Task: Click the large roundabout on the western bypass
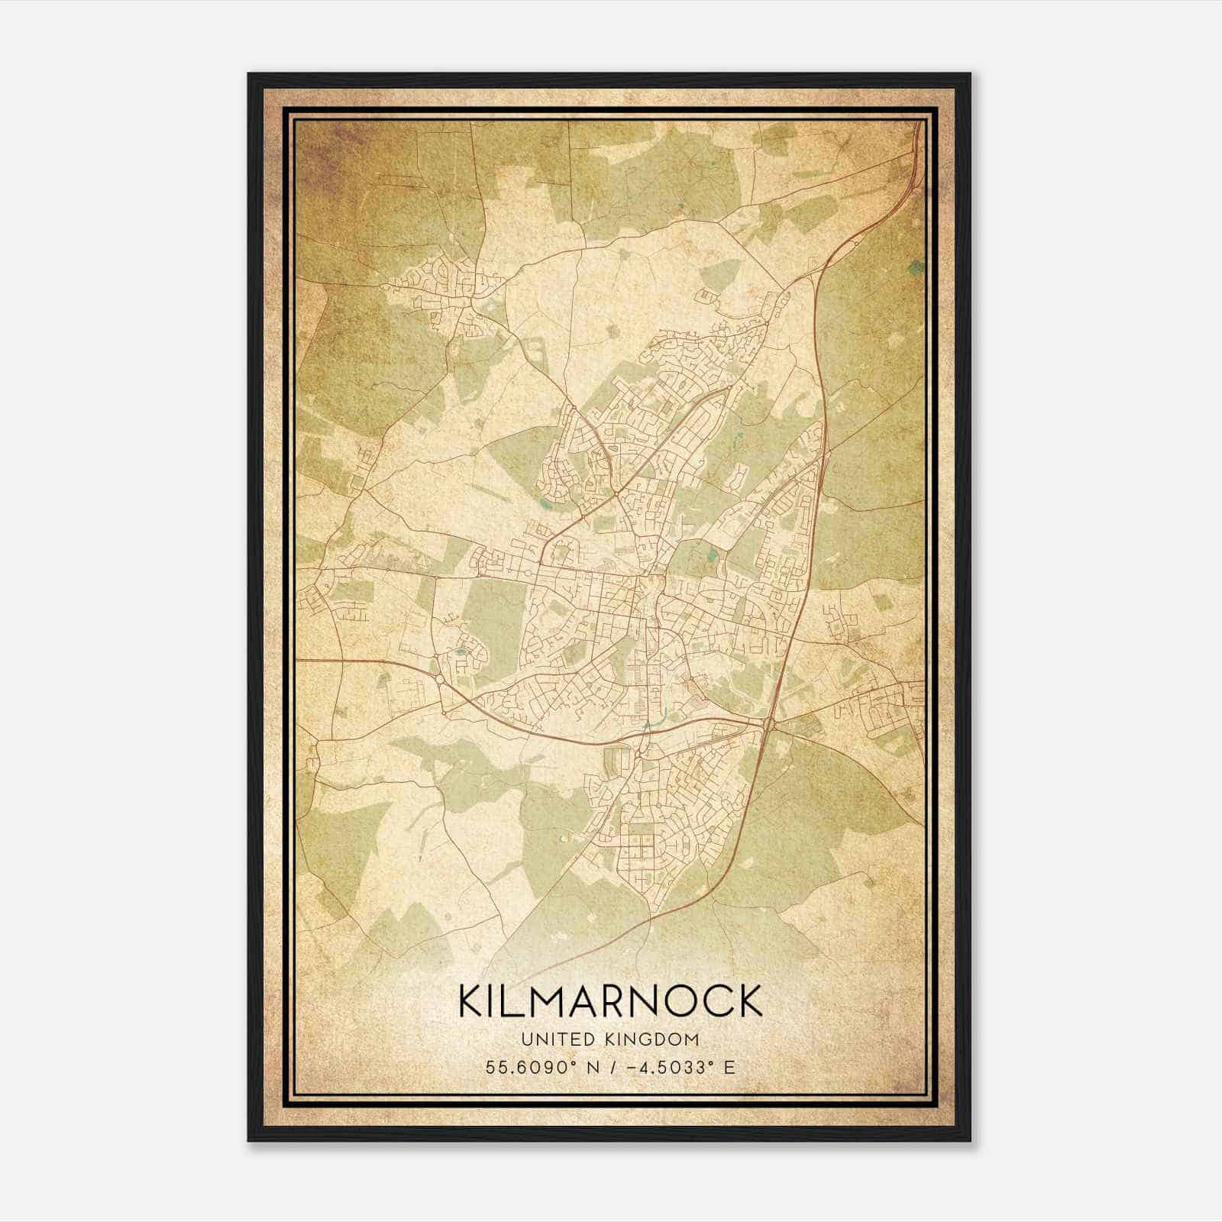coord(440,679)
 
